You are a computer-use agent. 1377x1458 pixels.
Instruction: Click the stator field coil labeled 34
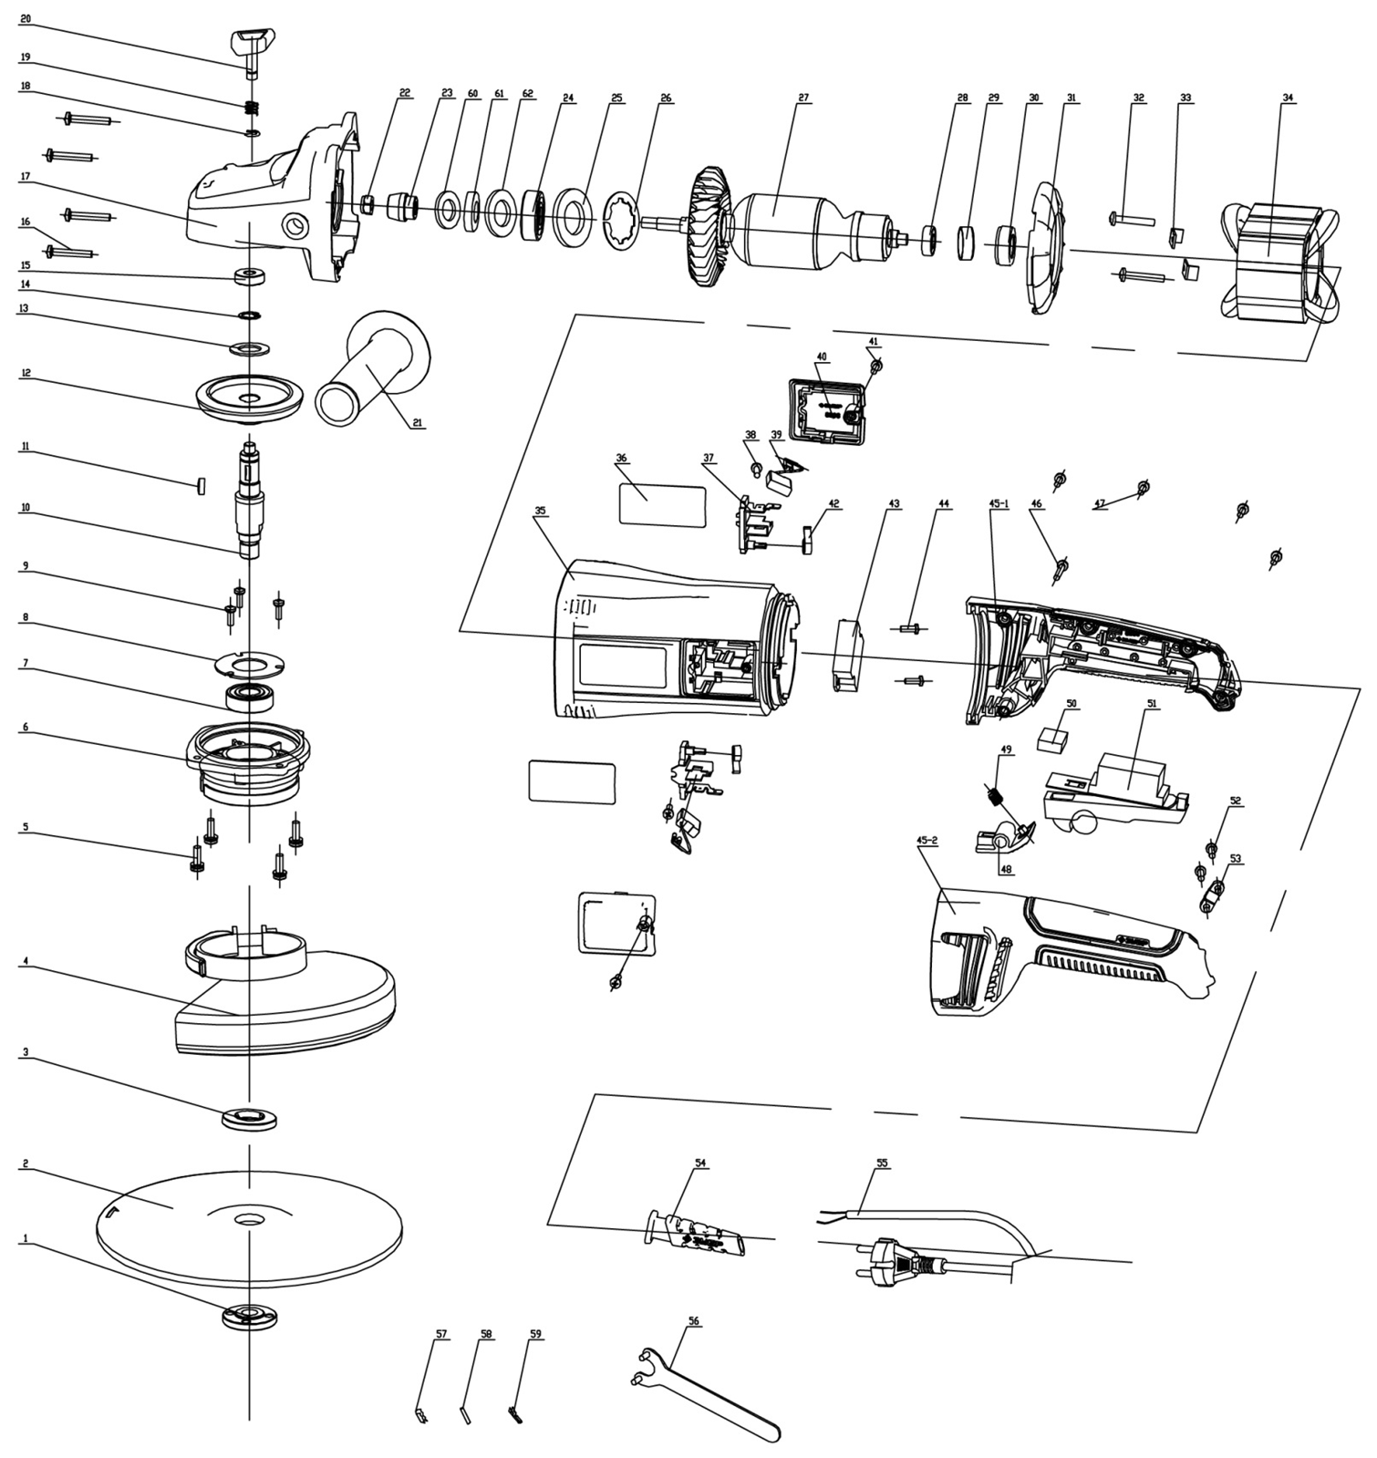coord(1279,262)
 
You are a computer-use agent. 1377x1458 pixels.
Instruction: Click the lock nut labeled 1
coord(248,1318)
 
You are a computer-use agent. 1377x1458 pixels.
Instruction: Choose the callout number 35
coord(541,511)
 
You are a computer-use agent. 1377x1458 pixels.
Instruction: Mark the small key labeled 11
coord(200,483)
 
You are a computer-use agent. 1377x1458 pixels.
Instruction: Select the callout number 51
coord(1151,704)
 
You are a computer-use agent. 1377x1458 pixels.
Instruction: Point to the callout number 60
coord(472,94)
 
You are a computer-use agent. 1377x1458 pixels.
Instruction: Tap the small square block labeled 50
coord(1056,738)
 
